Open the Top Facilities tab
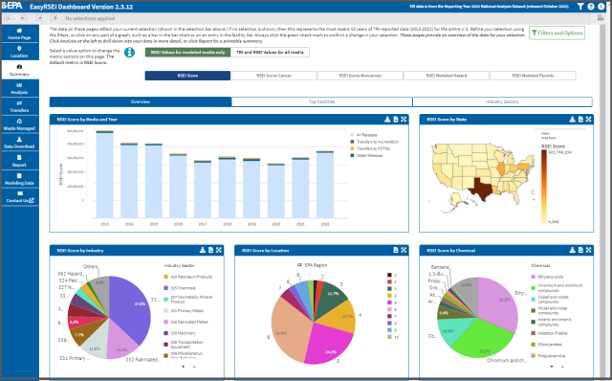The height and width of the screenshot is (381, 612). (321, 101)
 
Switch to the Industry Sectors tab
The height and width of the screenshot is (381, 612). (503, 101)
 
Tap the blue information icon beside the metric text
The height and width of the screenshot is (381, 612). (130, 53)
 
